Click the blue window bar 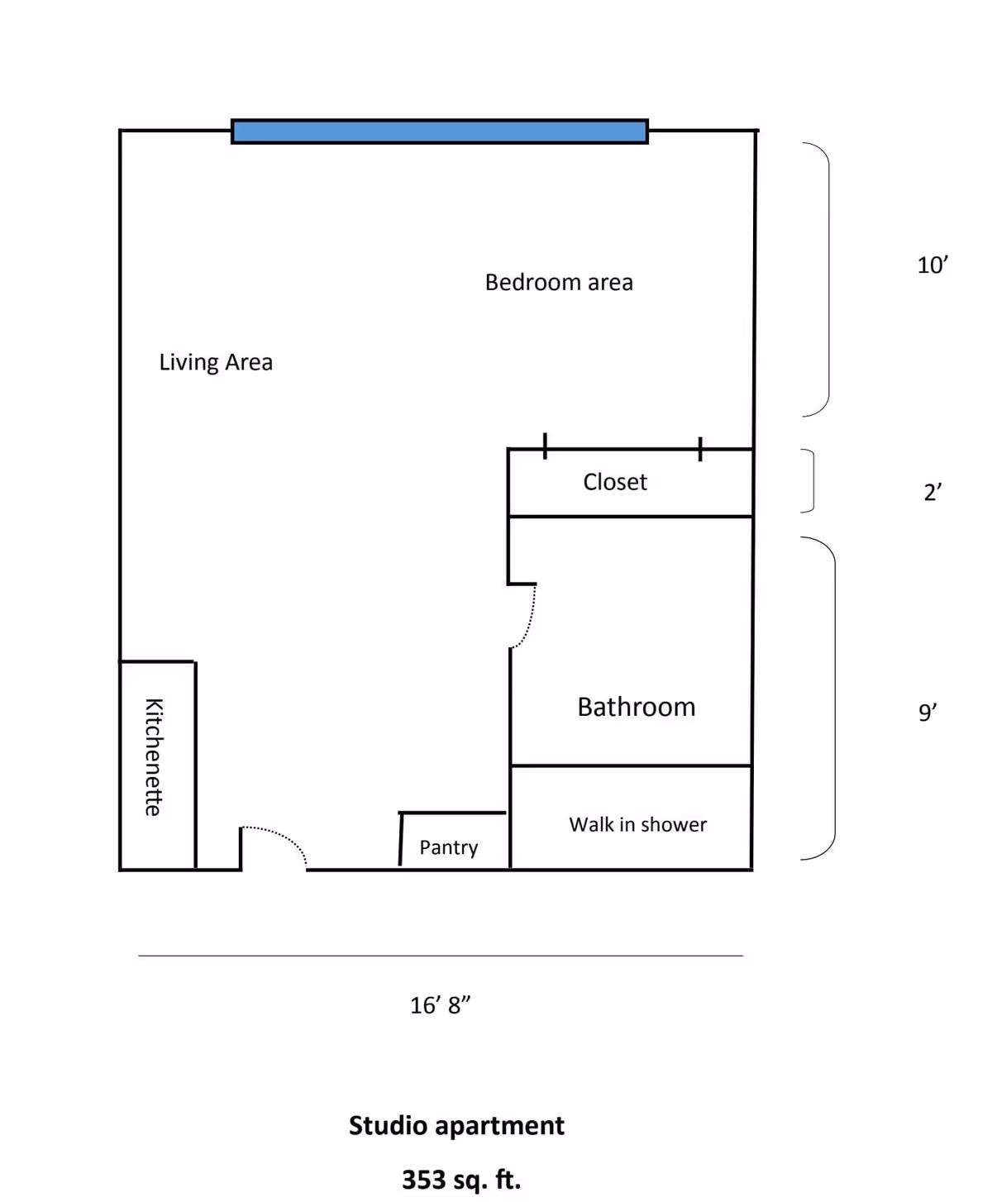(x=439, y=131)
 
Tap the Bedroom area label (x=559, y=283)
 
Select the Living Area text (x=216, y=363)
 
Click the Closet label (x=615, y=482)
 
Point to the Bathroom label (x=637, y=707)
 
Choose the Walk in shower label (x=638, y=824)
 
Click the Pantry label (x=449, y=848)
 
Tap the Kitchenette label (x=154, y=757)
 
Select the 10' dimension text (x=932, y=265)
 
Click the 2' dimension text (x=932, y=492)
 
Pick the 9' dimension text (x=928, y=712)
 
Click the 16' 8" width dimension (x=440, y=1005)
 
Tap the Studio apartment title (x=456, y=1125)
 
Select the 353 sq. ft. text (x=461, y=1180)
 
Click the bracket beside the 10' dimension (x=828, y=279)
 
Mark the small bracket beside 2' (x=813, y=480)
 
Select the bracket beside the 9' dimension (x=834, y=699)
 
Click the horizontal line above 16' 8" (x=441, y=956)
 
